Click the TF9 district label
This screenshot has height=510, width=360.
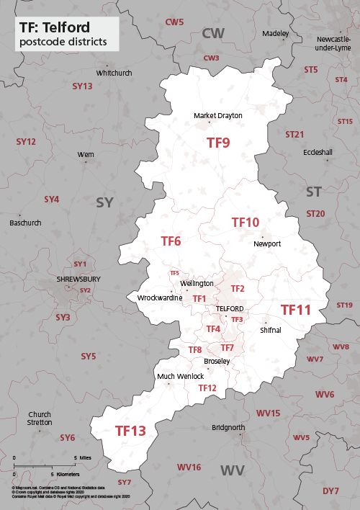tap(218, 143)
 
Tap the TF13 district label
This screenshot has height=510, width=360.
tap(130, 431)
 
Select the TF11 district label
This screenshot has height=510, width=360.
tap(295, 310)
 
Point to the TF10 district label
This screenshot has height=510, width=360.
tap(245, 223)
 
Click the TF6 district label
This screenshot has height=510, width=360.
tap(171, 241)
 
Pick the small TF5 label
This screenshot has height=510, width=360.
tap(174, 273)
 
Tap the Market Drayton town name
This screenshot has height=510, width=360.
tap(218, 115)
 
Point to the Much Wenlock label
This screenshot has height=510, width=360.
tap(180, 376)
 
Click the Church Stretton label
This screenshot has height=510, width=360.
tap(40, 418)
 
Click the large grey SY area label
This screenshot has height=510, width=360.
tap(105, 202)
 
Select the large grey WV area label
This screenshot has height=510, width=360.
tap(232, 470)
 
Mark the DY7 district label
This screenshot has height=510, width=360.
tap(330, 491)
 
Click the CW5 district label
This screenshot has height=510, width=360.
tap(174, 22)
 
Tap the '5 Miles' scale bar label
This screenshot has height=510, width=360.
tap(81, 458)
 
